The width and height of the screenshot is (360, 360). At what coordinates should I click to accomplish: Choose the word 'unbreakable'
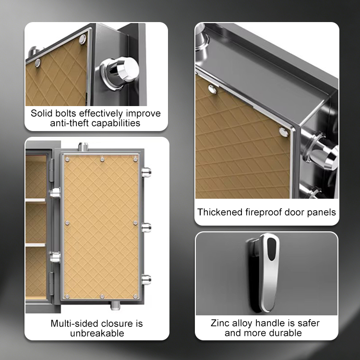click(97, 333)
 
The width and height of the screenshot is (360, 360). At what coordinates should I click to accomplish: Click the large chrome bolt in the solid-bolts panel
click(120, 71)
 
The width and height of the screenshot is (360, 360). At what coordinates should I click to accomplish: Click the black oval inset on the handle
click(272, 249)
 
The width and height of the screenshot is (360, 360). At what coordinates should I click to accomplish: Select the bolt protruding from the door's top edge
click(83, 146)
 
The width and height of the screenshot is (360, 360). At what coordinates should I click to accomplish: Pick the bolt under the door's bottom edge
click(115, 305)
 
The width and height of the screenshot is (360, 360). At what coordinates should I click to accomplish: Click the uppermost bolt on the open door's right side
click(146, 172)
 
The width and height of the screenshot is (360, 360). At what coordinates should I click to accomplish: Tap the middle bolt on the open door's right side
click(146, 228)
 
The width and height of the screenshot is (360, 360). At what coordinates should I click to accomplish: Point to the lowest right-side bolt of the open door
click(146, 280)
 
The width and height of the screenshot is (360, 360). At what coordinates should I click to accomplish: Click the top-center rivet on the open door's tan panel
click(102, 159)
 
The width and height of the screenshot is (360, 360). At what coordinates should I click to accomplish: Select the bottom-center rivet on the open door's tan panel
click(102, 297)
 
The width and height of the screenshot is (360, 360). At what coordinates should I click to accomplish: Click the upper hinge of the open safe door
click(52, 169)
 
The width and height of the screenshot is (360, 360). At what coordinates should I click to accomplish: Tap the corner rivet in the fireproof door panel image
click(284, 132)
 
